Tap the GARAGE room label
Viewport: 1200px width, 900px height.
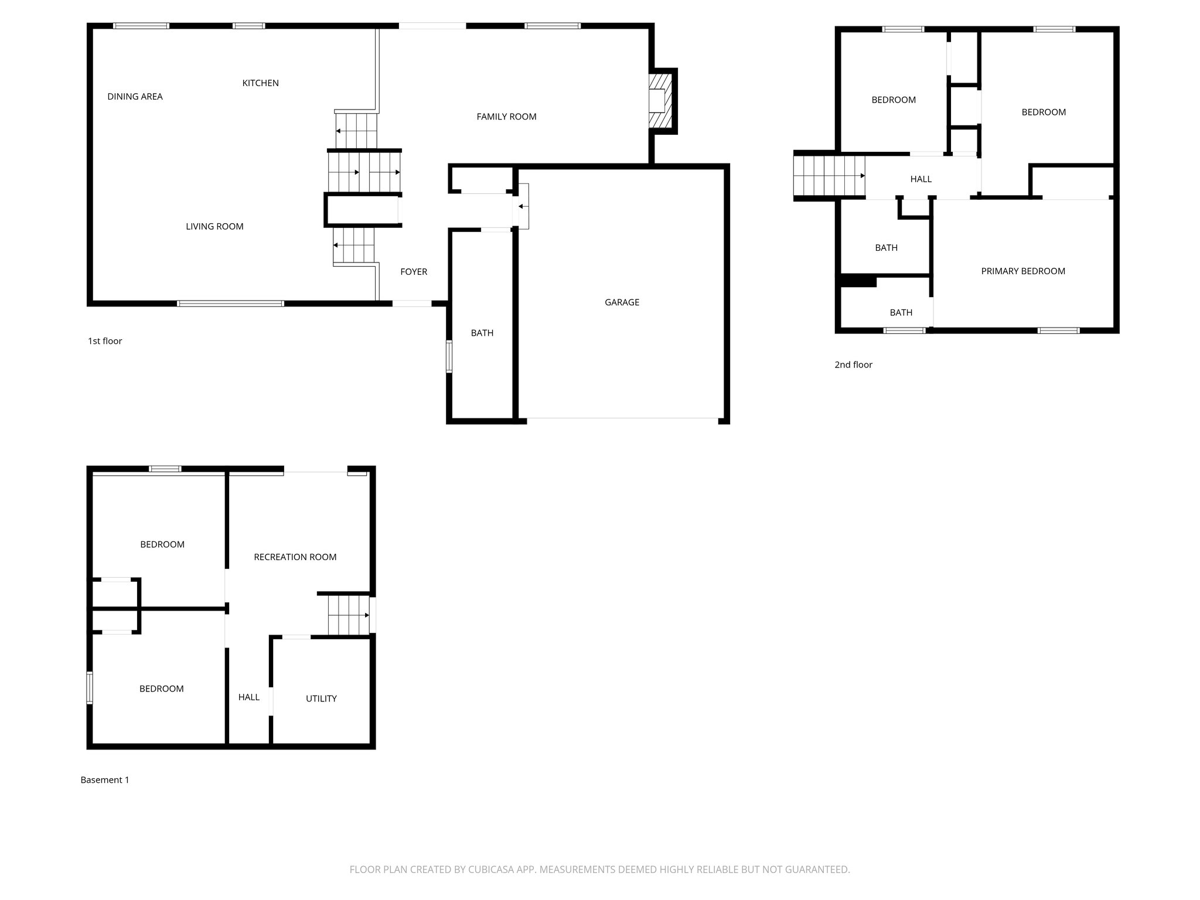click(622, 302)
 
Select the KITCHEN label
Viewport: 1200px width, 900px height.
click(260, 83)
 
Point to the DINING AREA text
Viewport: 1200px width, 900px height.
click(135, 97)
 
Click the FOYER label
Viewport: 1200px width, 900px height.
click(414, 272)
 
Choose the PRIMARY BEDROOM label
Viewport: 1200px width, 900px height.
click(1022, 271)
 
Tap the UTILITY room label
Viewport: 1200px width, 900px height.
click(321, 698)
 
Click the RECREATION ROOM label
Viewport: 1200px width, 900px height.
click(295, 557)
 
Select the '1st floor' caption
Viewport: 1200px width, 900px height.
click(105, 341)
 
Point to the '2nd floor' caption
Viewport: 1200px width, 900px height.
click(853, 365)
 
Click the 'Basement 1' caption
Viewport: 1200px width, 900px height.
click(105, 780)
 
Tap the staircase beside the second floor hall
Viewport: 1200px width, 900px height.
click(829, 176)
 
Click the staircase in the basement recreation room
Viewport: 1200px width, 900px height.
click(348, 615)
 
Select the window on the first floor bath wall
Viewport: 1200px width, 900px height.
click(449, 356)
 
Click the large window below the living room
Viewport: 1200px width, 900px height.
click(230, 304)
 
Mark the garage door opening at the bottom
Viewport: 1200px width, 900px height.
click(622, 419)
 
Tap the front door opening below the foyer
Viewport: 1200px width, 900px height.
click(411, 304)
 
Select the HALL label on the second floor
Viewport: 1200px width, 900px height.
click(921, 179)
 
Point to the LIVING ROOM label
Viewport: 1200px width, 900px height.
click(214, 227)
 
